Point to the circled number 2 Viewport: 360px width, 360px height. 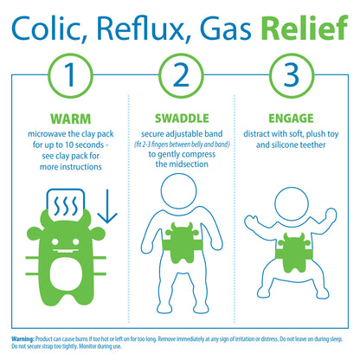[180, 76]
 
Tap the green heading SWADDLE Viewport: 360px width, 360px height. [180, 119]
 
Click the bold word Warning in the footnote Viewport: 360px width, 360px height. [22, 337]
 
